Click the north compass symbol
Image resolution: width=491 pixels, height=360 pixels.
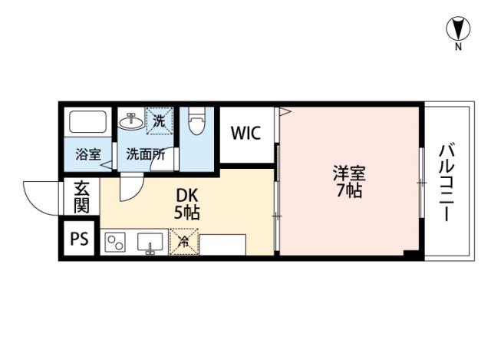(x=458, y=30)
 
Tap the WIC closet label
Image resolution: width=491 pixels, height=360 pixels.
(x=246, y=132)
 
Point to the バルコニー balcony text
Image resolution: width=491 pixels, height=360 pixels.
(x=447, y=182)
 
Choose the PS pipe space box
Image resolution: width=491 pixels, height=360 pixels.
(x=79, y=239)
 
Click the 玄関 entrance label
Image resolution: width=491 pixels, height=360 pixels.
(x=81, y=197)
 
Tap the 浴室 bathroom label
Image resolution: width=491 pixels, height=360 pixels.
(x=87, y=154)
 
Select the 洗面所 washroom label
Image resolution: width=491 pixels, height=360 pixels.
(x=145, y=154)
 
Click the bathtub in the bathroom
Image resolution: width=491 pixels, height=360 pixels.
(x=88, y=123)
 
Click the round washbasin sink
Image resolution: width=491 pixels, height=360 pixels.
(x=131, y=120)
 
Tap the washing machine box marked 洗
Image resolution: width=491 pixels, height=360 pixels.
(x=158, y=120)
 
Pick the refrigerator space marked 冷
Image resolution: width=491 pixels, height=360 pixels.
(x=184, y=243)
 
